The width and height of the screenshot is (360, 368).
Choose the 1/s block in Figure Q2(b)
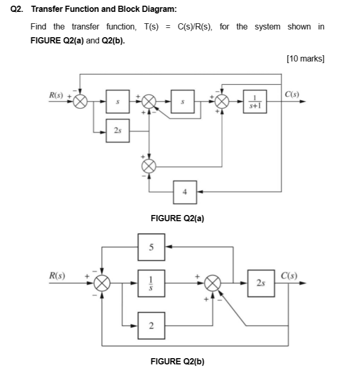151,283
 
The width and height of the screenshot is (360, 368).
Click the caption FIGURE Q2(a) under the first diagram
177,218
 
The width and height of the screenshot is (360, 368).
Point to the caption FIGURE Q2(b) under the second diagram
177,361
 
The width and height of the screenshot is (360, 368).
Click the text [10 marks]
305,58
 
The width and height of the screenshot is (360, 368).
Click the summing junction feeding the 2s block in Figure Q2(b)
213,283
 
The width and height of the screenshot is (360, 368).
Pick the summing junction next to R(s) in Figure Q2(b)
102,283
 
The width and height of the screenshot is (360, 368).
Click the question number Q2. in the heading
17,10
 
